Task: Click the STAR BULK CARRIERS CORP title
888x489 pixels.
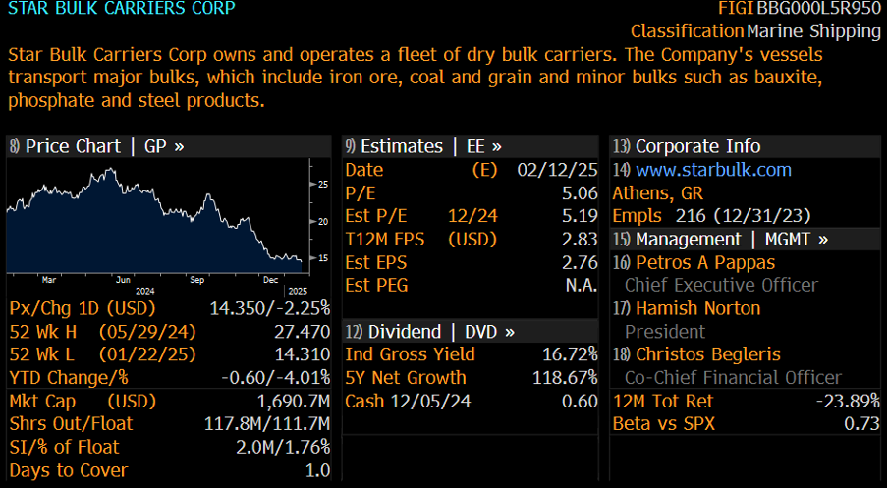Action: coord(121,9)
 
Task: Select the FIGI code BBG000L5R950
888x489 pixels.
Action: coord(826,9)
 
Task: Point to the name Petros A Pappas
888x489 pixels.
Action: coord(705,262)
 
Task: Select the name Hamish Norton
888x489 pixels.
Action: coord(698,308)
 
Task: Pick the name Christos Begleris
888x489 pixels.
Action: coord(708,354)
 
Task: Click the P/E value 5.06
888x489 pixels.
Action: coord(580,193)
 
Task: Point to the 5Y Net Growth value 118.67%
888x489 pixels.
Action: coord(565,378)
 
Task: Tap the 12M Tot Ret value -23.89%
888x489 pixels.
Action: coord(848,401)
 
